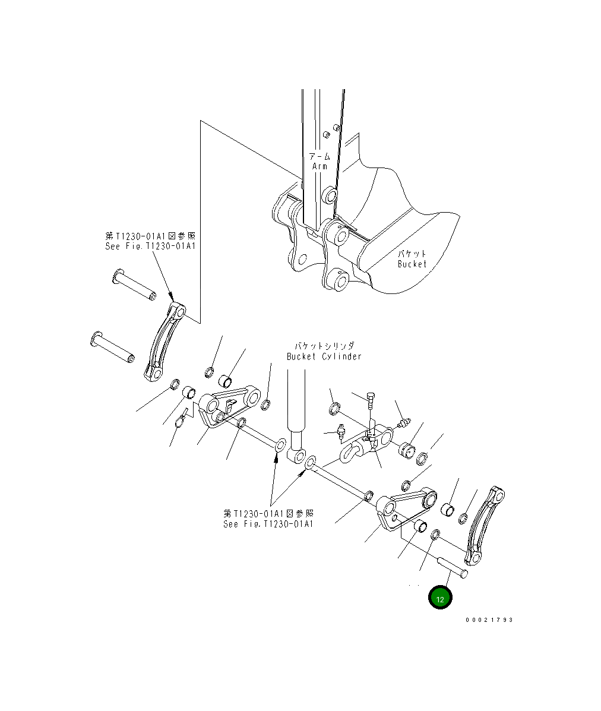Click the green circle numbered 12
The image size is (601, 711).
(440, 599)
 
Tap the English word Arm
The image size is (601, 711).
(320, 166)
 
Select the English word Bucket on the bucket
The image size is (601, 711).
(412, 264)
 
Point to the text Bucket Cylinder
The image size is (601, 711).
(324, 356)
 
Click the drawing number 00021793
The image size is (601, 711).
(489, 620)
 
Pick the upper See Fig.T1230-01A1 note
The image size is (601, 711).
(150, 246)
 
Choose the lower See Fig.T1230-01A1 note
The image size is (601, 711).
(268, 524)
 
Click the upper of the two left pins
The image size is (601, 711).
(133, 286)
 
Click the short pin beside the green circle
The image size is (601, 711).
(453, 568)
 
